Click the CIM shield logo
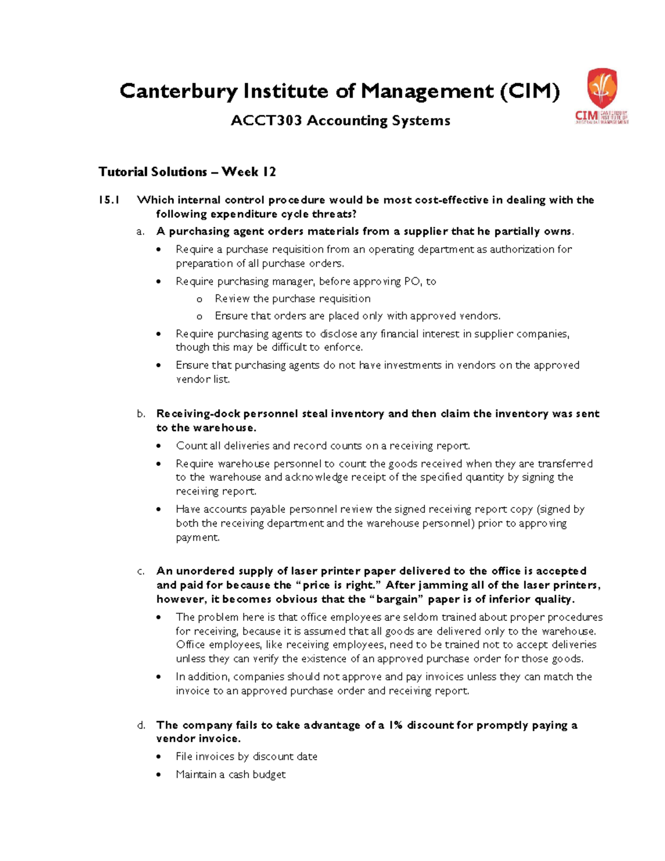[x=602, y=88]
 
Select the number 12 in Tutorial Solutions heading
[x=269, y=172]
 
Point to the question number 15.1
[x=109, y=200]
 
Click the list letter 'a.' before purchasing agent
[x=141, y=232]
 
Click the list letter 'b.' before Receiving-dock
[x=141, y=414]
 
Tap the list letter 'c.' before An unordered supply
[x=141, y=571]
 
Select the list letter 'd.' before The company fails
[x=141, y=725]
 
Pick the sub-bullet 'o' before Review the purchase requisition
[x=199, y=299]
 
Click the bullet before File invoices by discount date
[x=160, y=757]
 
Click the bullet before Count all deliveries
[x=160, y=446]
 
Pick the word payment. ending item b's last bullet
[x=198, y=537]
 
